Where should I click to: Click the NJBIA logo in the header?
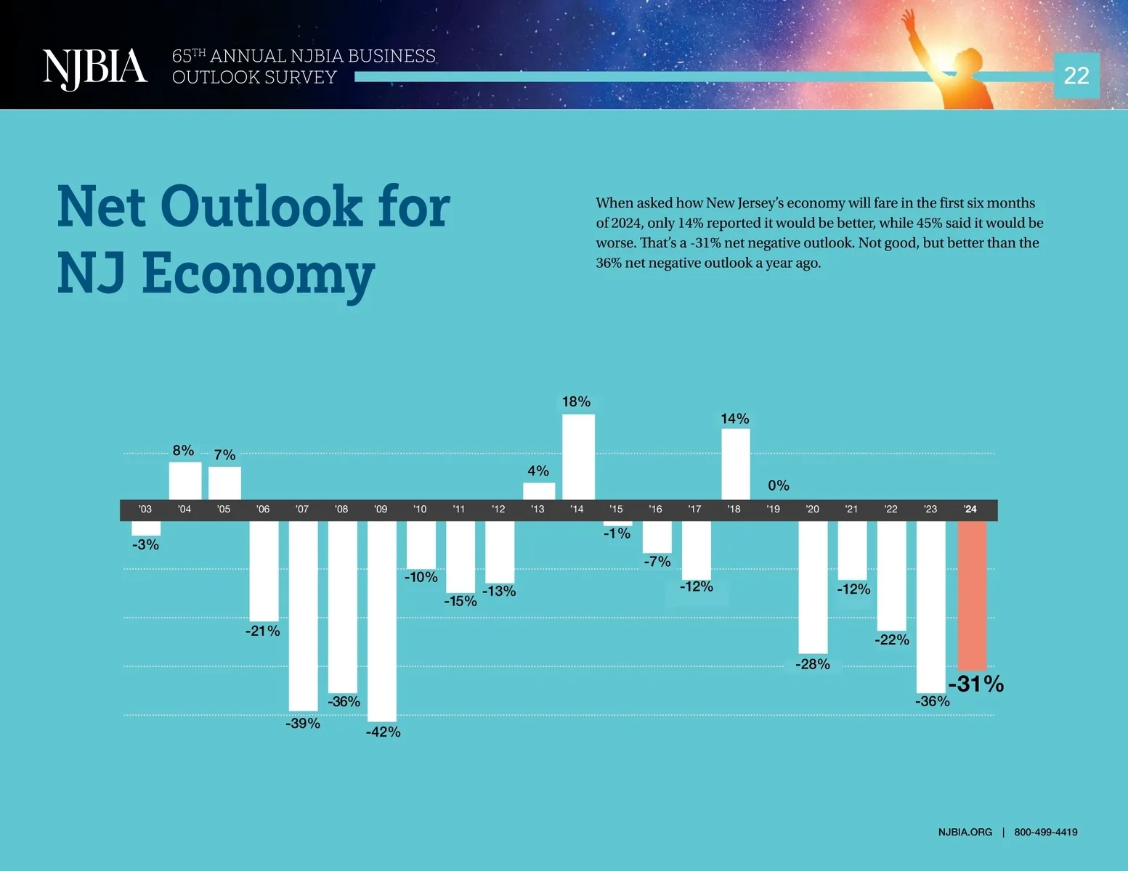pos(94,68)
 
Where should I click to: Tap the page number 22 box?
pos(1076,75)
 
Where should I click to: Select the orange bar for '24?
pos(972,595)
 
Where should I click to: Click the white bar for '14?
pos(578,457)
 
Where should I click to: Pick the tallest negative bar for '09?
pos(382,621)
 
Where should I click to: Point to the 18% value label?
pos(576,401)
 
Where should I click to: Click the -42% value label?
pos(383,732)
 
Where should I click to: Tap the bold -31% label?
pos(975,684)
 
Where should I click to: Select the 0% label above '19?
pos(779,485)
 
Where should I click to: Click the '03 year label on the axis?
pos(145,510)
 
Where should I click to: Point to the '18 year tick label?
pos(734,510)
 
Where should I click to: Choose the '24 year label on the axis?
pos(970,510)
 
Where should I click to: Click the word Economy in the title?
pos(258,274)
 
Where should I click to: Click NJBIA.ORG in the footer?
pos(965,832)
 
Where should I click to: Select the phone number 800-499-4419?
pos(1046,832)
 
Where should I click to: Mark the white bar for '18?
pos(736,464)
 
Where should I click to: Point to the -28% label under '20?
pos(813,664)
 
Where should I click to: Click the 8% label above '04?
pos(183,451)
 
